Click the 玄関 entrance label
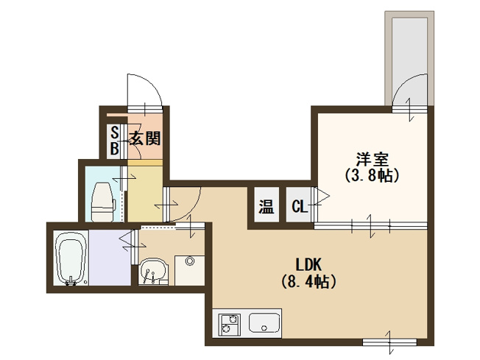pos(146,138)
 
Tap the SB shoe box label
pos(115,141)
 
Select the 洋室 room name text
pos(372,159)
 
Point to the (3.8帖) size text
pos(372,175)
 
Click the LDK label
pos(308,264)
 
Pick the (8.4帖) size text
pos(308,282)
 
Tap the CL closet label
pos(300,207)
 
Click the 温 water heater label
pos(267,206)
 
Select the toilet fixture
pos(104,202)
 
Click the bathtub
pos(71,258)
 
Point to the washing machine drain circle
pos(189,261)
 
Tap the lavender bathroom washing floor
pos(110,258)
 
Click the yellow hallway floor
pos(145,193)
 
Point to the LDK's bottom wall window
pos(389,342)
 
